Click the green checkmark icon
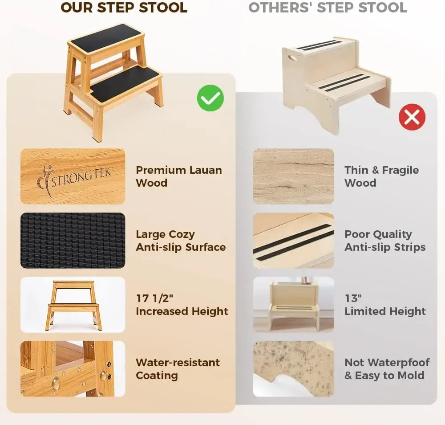pyautogui.click(x=210, y=98)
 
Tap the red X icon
pyautogui.click(x=412, y=117)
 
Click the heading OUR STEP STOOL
pyautogui.click(x=124, y=8)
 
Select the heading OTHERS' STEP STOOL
pyautogui.click(x=328, y=8)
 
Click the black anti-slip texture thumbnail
pyautogui.click(x=73, y=241)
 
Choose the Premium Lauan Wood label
pyautogui.click(x=178, y=176)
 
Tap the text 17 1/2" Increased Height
pyautogui.click(x=182, y=305)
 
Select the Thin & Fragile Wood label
pyautogui.click(x=381, y=176)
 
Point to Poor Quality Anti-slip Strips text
pyautogui.click(x=384, y=241)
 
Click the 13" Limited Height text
pyautogui.click(x=385, y=305)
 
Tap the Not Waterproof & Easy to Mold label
pyautogui.click(x=387, y=369)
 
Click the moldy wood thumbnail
pyautogui.click(x=293, y=369)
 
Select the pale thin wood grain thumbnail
pyautogui.click(x=293, y=176)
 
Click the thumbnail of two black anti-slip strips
pyautogui.click(x=293, y=241)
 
